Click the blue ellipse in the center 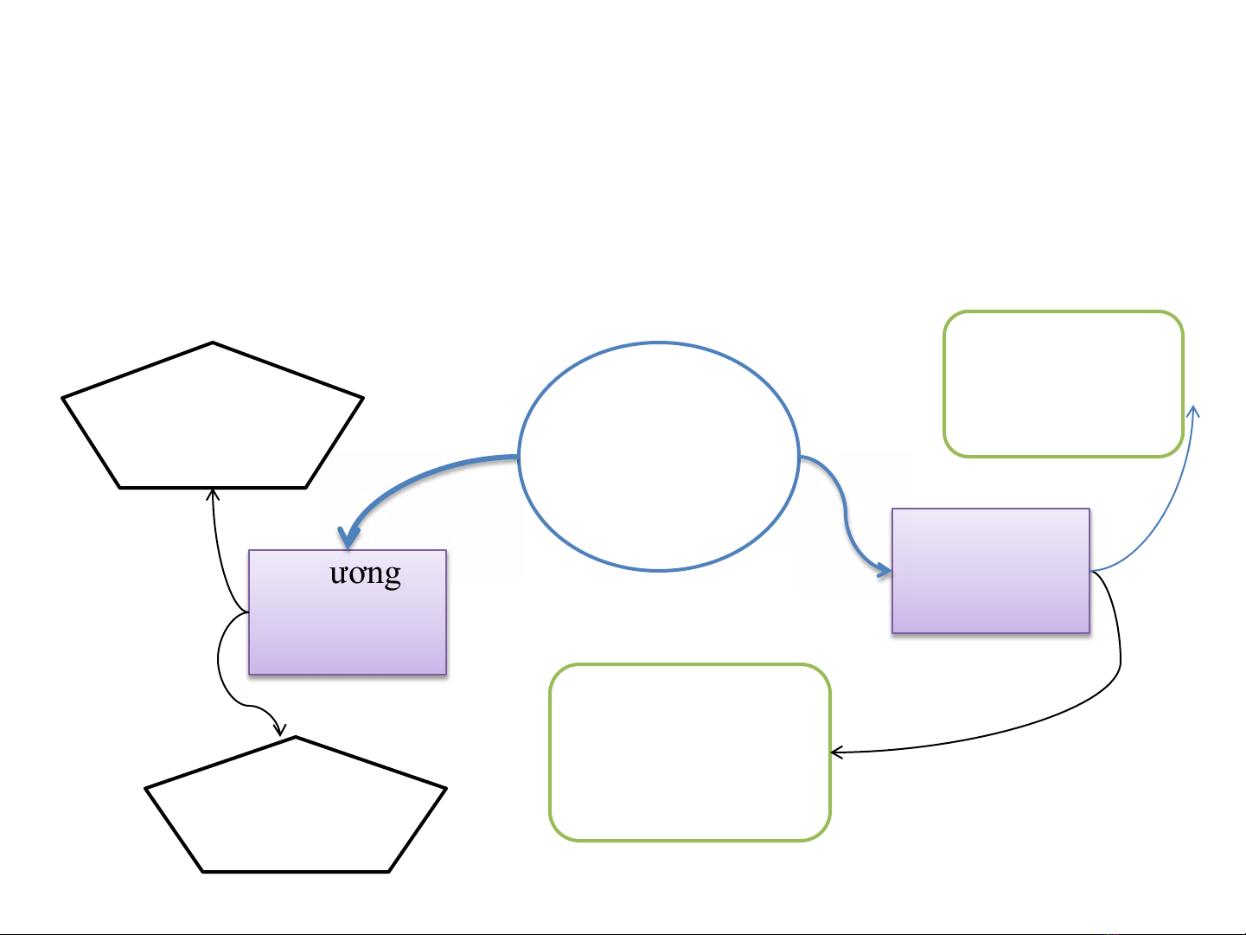(659, 456)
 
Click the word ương (365, 573)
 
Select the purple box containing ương (347, 631)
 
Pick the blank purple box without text (990, 571)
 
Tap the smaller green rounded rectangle (1063, 383)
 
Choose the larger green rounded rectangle (690, 752)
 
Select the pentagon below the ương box (296, 810)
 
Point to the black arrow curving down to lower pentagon (222, 675)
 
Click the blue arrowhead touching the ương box (348, 538)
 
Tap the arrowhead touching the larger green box (836, 752)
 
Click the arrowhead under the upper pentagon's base (213, 495)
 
